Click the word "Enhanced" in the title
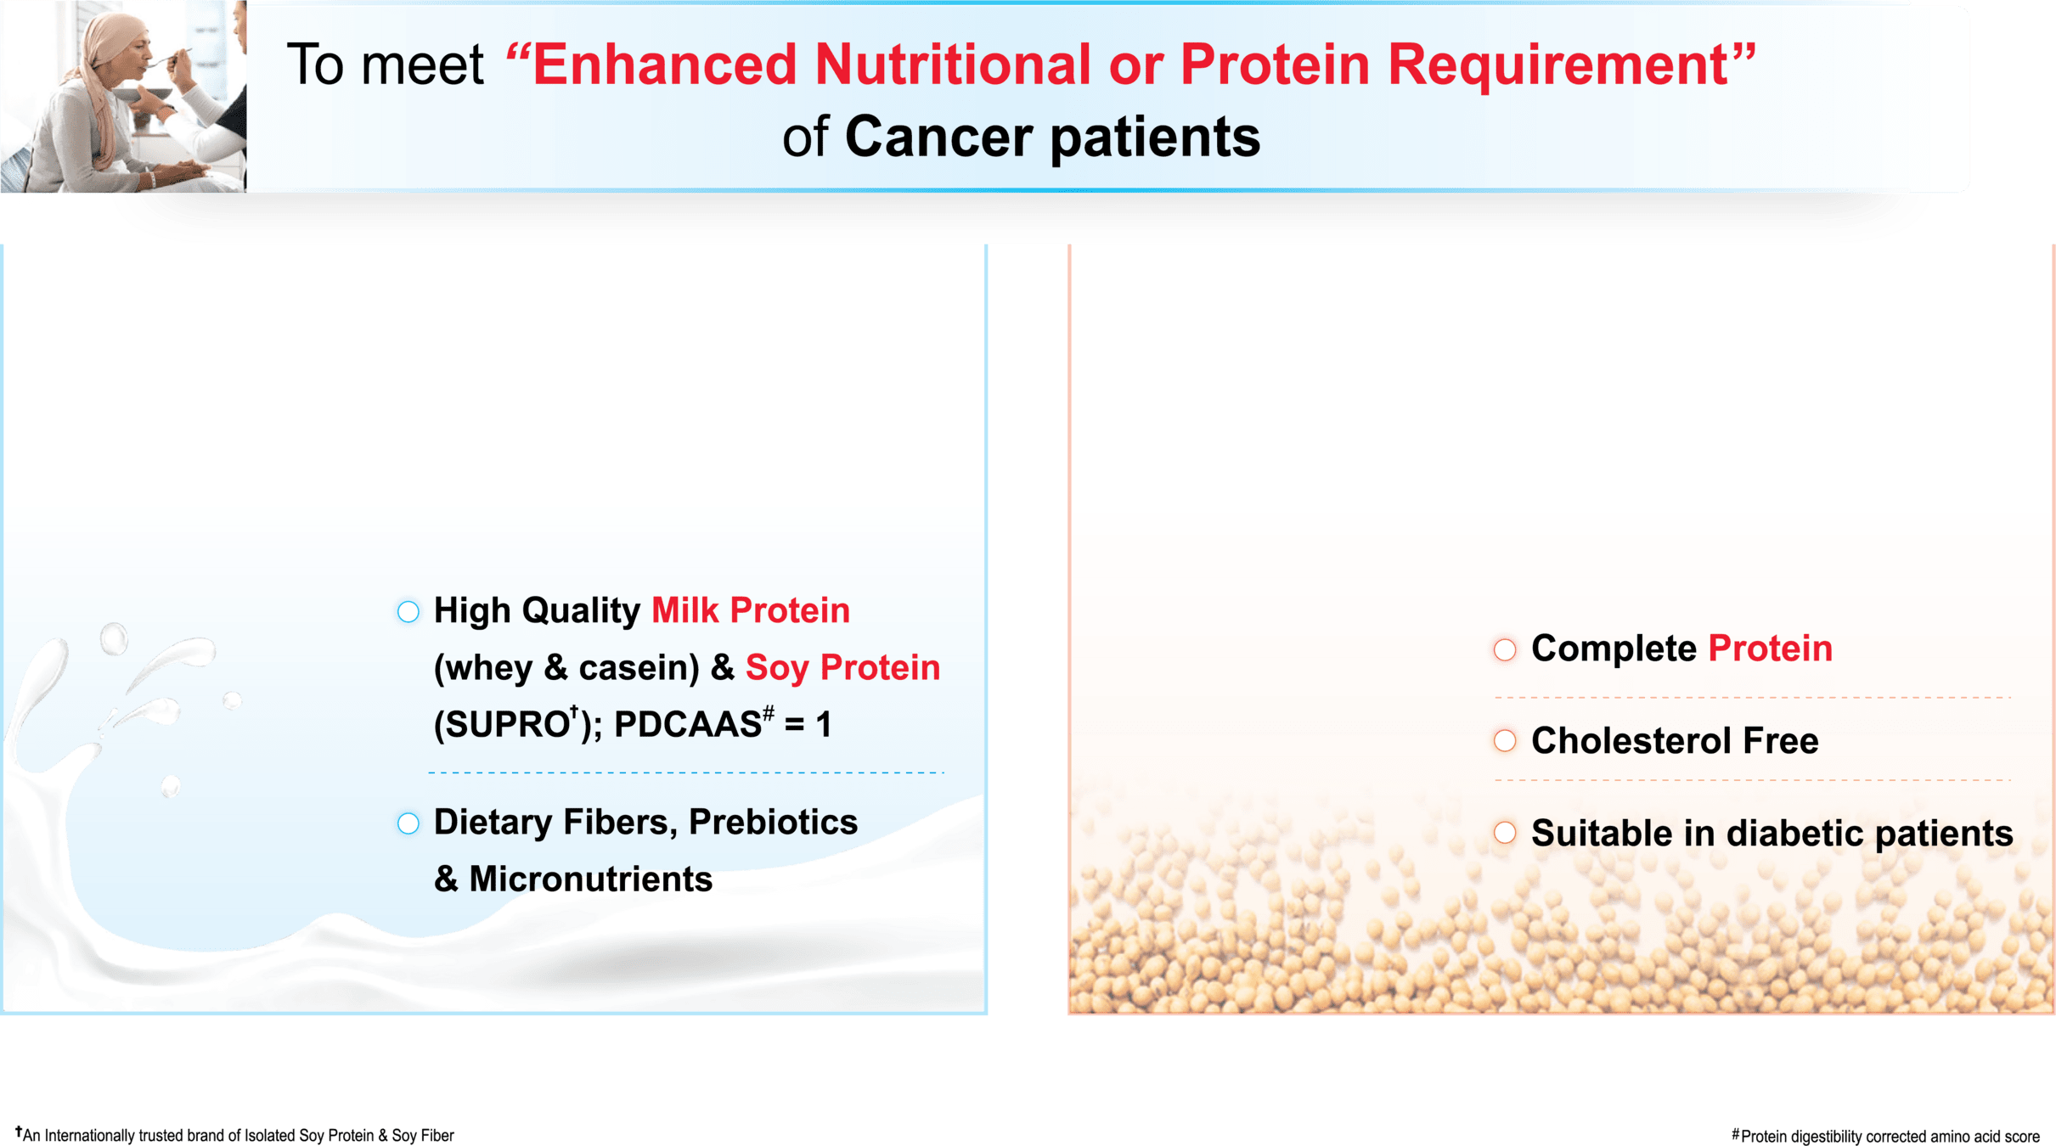665,65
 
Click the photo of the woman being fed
123,96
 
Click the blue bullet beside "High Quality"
408,611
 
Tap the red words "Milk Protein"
751,610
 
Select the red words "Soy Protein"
842,668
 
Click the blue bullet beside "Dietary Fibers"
408,823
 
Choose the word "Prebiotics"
773,822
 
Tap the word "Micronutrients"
591,879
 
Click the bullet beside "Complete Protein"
1505,650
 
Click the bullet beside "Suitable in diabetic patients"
1505,833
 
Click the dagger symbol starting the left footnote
19,1132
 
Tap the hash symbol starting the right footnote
1736,1133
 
